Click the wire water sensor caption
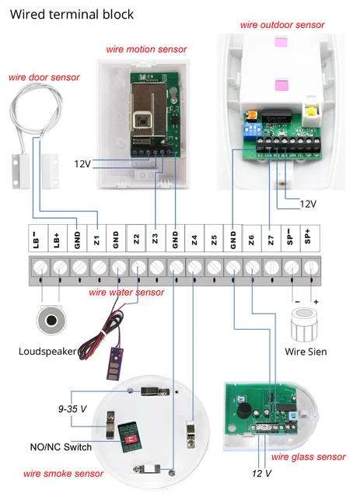(x=127, y=293)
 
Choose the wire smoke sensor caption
(x=63, y=473)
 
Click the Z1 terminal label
(x=97, y=240)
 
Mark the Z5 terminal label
(x=213, y=240)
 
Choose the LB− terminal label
(x=37, y=240)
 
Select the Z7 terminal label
(x=271, y=240)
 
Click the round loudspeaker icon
(x=51, y=321)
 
